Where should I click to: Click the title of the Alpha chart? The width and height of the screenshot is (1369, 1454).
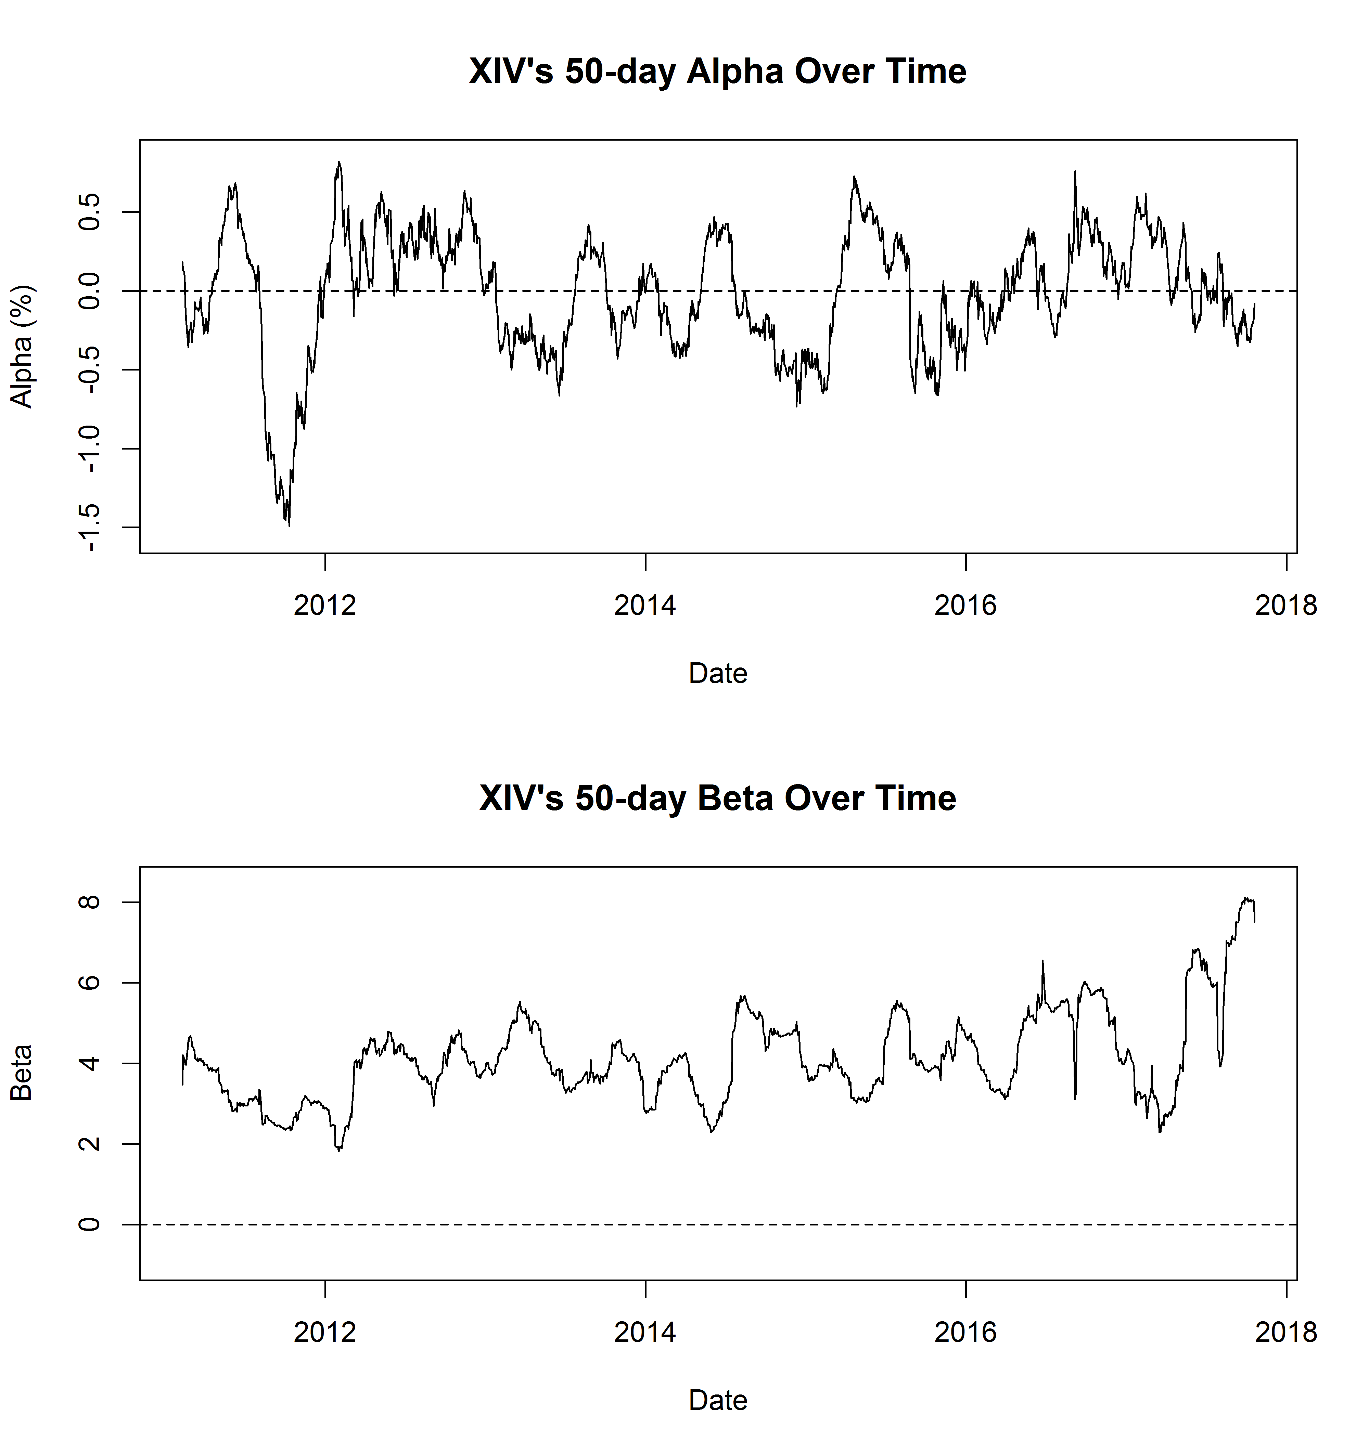[x=717, y=72]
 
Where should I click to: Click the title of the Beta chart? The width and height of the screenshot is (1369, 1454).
[x=717, y=798]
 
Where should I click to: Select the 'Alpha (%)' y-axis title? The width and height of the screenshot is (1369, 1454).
[x=22, y=346]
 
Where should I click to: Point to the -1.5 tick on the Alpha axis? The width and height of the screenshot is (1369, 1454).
[x=89, y=527]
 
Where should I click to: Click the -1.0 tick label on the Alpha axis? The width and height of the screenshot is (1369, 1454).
[x=89, y=448]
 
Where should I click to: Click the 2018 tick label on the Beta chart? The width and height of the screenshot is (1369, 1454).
[x=1285, y=1332]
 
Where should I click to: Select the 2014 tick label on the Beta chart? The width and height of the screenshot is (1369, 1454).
[x=644, y=1332]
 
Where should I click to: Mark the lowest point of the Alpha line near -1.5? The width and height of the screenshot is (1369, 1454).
[x=289, y=525]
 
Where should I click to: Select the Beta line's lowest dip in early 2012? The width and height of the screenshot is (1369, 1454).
[x=339, y=1151]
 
